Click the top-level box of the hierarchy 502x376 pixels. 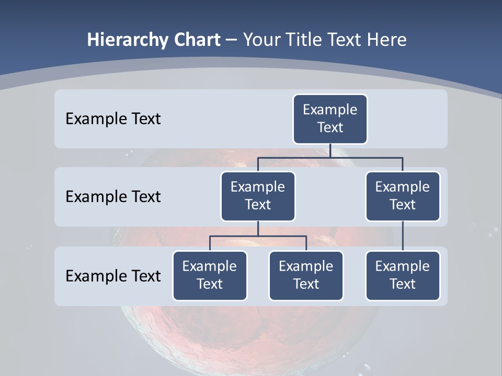tap(330, 119)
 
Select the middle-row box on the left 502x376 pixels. tap(258, 196)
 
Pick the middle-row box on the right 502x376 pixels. tap(403, 196)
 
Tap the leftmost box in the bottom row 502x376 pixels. tap(210, 275)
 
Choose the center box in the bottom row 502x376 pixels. tap(306, 275)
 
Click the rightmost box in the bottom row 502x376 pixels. tap(403, 275)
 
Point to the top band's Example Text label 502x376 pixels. tap(113, 119)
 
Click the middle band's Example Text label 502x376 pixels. tap(113, 197)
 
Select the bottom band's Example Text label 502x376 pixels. tap(113, 276)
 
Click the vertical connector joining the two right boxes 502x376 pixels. tap(403, 236)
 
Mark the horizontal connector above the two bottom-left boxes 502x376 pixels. tap(258, 236)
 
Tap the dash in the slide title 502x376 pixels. tap(232, 41)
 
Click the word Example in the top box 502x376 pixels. tap(330, 110)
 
